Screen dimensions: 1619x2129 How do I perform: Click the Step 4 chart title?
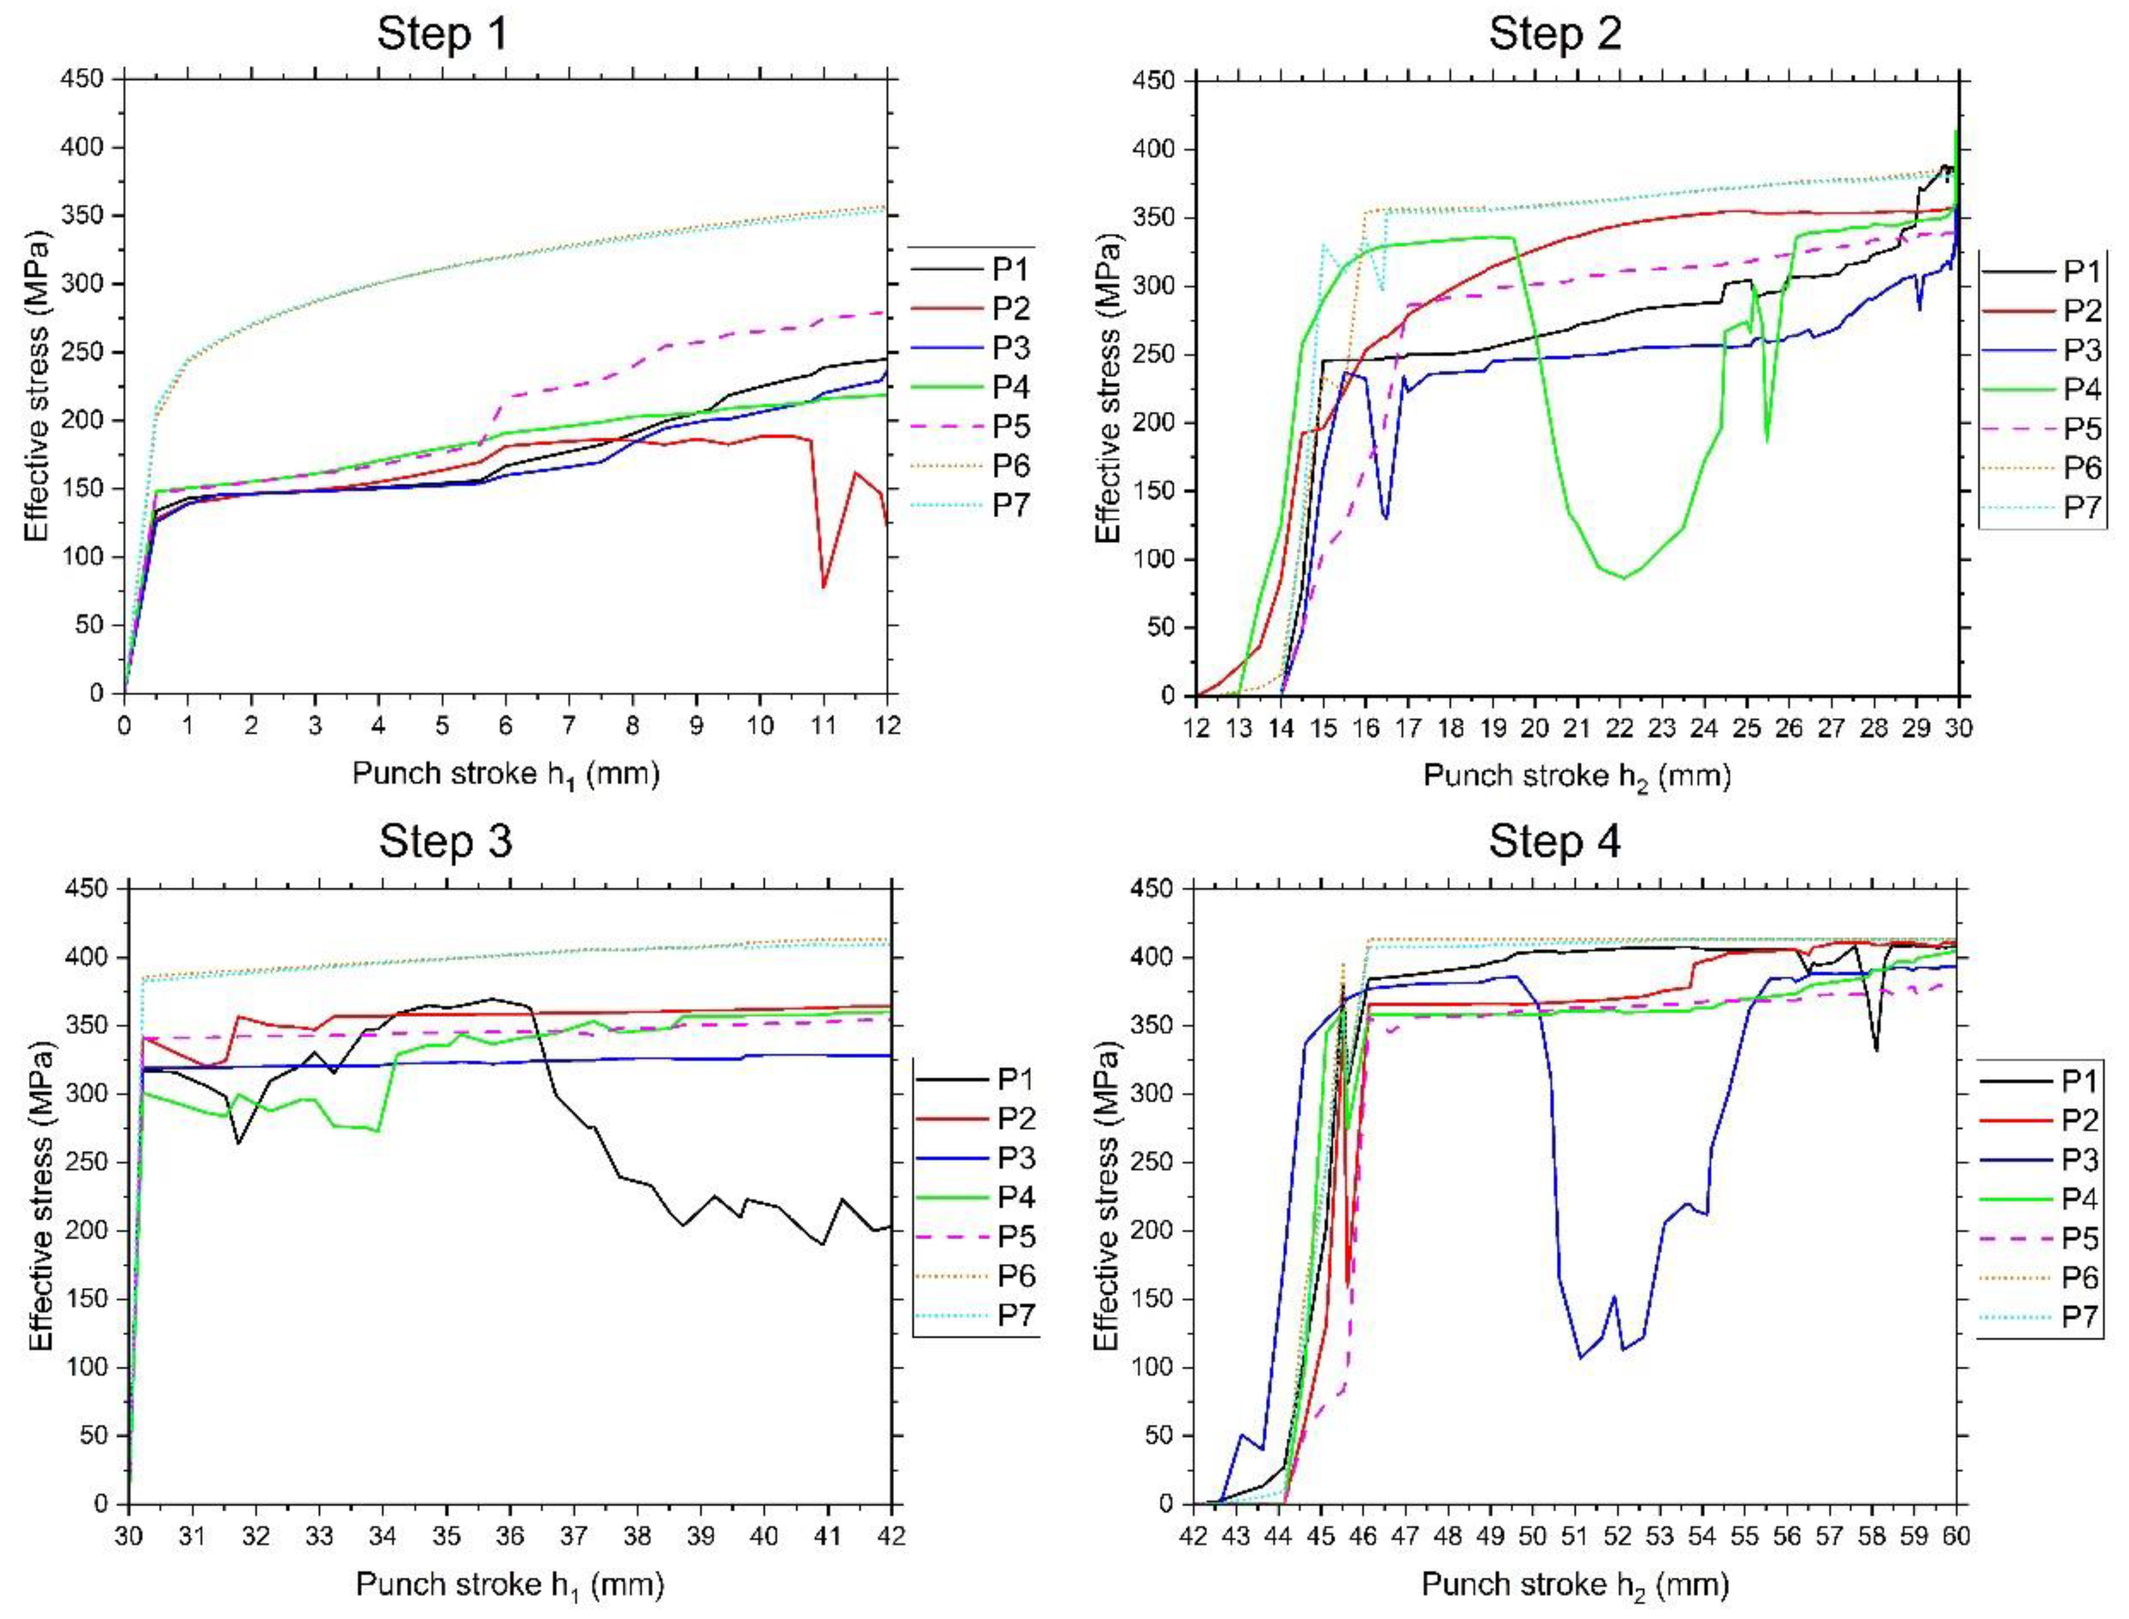1554,842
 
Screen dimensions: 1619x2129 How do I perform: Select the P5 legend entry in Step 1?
1011,426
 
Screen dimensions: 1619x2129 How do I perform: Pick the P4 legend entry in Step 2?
2081,389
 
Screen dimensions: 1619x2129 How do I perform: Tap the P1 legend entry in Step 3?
1015,1079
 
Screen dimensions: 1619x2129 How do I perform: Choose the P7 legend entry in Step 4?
2079,1317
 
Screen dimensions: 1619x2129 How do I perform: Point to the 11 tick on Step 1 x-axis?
824,726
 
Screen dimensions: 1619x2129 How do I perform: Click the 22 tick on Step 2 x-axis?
1620,728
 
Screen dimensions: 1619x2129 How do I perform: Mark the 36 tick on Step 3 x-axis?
509,1536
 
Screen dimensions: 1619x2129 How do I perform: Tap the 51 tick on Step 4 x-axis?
1575,1536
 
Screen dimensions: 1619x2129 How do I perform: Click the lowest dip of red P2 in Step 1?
824,586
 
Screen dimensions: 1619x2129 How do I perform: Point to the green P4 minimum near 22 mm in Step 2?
1624,578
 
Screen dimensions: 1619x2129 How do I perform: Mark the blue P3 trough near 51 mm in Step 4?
1580,1358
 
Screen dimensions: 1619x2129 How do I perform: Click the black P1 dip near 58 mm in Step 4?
1876,1050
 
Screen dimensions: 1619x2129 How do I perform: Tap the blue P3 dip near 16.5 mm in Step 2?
1385,517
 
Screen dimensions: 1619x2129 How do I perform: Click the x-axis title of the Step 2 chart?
1577,776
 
